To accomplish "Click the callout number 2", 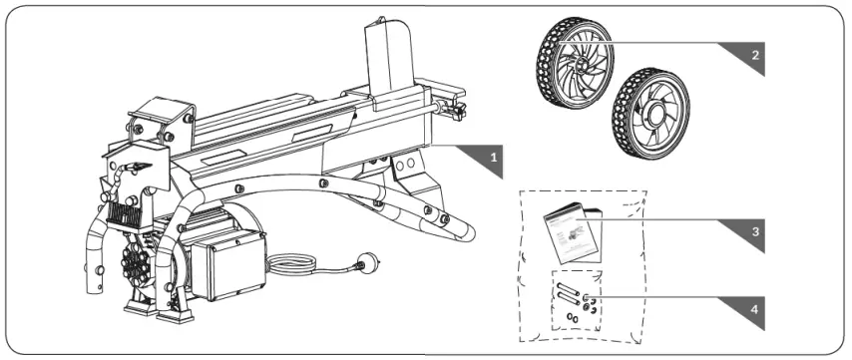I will (757, 55).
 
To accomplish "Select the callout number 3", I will (757, 230).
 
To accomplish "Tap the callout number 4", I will (757, 307).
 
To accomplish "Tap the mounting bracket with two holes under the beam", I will (404, 166).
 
